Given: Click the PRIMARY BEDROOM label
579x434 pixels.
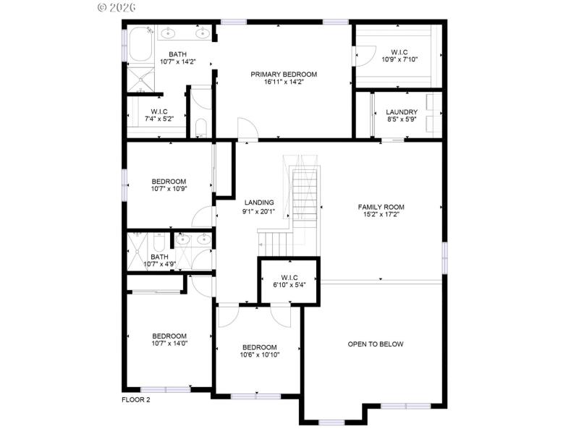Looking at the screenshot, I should pyautogui.click(x=284, y=75).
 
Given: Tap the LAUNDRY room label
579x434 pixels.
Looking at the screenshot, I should pyautogui.click(x=401, y=112).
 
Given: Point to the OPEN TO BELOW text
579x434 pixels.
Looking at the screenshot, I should pyautogui.click(x=376, y=344).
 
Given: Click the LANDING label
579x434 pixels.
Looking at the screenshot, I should pyautogui.click(x=258, y=203).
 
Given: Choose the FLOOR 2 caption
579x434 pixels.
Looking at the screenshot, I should pyautogui.click(x=135, y=400).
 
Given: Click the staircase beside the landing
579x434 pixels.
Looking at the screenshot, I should pyautogui.click(x=304, y=195).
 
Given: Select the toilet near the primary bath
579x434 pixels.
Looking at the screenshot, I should pyautogui.click(x=201, y=129).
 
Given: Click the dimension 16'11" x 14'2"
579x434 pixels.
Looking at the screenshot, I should pyautogui.click(x=284, y=82).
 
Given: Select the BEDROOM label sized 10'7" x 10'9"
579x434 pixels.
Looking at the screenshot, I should pyautogui.click(x=169, y=182).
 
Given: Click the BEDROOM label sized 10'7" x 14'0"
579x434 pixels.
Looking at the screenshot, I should pyautogui.click(x=169, y=336).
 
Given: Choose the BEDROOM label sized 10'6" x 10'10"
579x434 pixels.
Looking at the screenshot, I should pyautogui.click(x=259, y=346).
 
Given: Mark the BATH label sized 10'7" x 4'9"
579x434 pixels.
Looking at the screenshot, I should pyautogui.click(x=159, y=256).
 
